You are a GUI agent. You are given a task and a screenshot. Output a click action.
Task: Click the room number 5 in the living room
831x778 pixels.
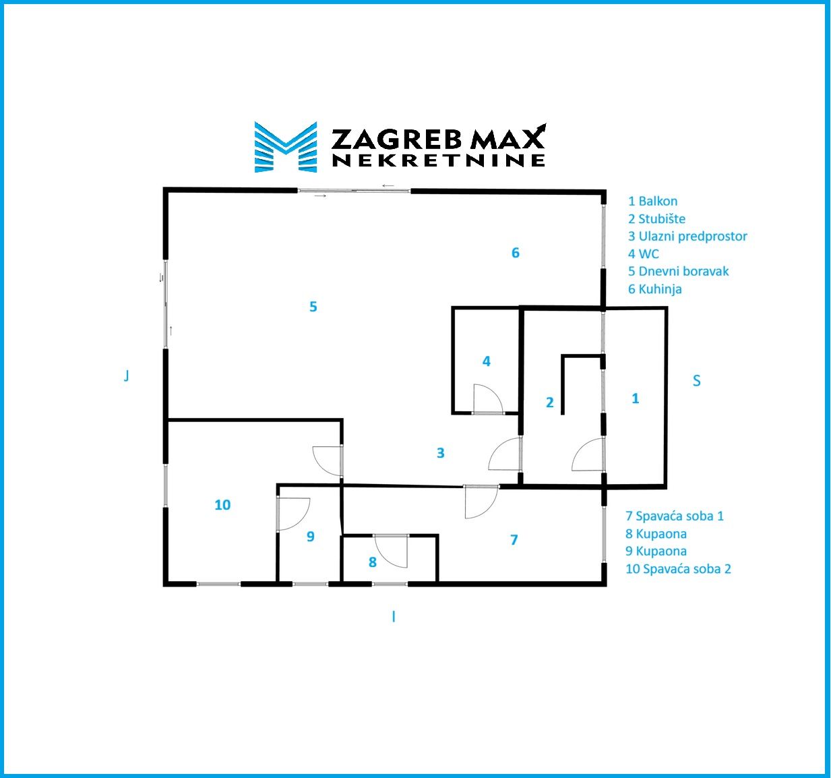tap(313, 307)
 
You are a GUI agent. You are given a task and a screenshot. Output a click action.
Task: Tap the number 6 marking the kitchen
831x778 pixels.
tap(516, 253)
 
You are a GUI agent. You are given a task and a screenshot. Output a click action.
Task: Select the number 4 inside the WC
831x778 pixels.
tap(486, 361)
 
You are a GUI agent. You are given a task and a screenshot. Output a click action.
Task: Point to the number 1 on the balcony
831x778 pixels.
tap(635, 398)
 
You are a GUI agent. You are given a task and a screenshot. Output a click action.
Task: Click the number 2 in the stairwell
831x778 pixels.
tap(550, 402)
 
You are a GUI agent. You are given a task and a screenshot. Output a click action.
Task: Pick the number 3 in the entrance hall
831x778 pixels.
tap(440, 452)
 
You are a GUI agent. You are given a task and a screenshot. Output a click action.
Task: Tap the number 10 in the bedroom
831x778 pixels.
tap(222, 504)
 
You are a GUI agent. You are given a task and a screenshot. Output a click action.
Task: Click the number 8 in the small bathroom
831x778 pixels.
tap(373, 562)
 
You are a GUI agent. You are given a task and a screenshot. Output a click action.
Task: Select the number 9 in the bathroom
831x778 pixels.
tap(311, 537)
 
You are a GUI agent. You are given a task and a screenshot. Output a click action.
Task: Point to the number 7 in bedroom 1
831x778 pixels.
tap(514, 539)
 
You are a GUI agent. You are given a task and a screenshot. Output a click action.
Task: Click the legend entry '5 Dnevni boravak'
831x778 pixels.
tap(678, 271)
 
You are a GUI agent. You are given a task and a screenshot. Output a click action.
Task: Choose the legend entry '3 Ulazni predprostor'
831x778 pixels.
tap(687, 237)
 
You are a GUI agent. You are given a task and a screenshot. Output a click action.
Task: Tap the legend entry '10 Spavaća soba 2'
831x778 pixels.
tap(678, 569)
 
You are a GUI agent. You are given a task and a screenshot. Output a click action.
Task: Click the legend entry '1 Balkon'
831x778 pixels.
tap(653, 202)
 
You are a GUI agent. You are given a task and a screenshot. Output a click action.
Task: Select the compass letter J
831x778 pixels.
tap(126, 376)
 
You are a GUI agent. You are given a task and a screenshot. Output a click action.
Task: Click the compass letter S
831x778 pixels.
tap(697, 381)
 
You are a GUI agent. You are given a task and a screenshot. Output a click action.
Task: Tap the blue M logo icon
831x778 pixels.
tap(286, 147)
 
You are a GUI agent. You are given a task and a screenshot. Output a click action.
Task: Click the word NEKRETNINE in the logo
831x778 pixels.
tap(439, 160)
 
